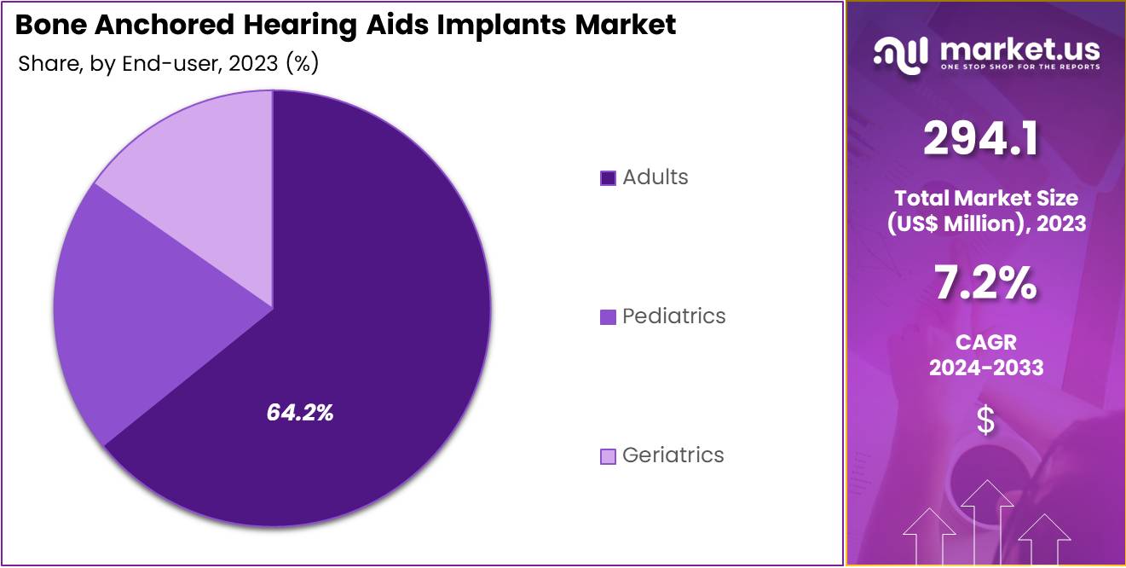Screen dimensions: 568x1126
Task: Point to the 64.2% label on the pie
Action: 300,413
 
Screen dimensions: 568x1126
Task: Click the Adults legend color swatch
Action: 608,177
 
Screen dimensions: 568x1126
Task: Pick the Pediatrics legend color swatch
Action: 608,316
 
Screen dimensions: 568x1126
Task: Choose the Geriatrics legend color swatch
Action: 608,455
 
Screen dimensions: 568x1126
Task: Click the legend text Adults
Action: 655,177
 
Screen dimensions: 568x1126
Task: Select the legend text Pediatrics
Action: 673,316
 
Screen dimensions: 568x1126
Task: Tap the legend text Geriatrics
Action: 673,455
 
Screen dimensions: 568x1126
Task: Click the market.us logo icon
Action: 900,55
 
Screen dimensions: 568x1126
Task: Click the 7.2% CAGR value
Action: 985,283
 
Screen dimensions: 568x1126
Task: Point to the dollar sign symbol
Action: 985,420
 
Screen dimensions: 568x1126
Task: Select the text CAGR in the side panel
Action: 986,342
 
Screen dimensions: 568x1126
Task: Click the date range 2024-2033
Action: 986,368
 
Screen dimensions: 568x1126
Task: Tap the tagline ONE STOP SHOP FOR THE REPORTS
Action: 1020,67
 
